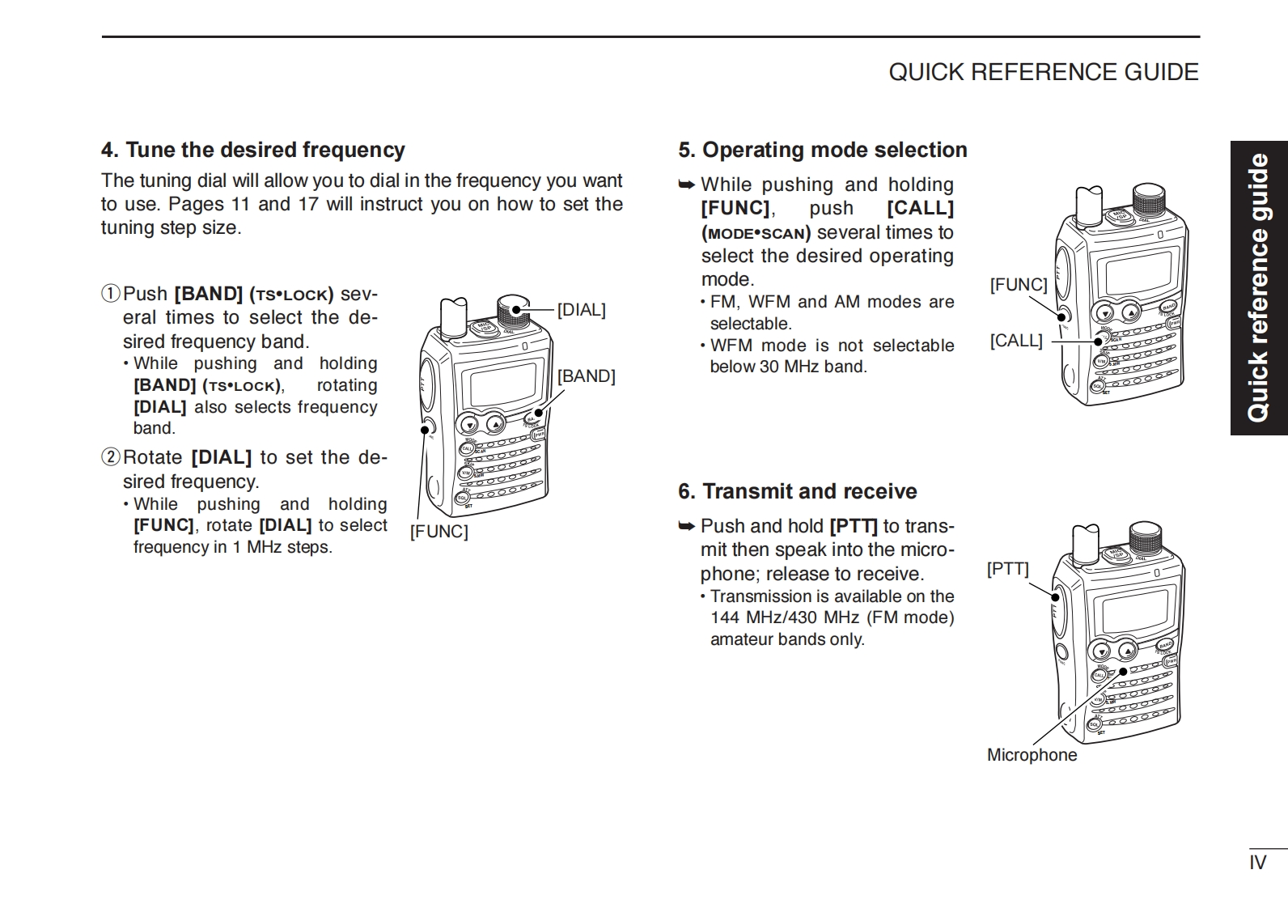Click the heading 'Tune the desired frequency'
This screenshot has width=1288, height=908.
click(252, 150)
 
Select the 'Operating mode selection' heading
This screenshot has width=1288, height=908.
click(823, 150)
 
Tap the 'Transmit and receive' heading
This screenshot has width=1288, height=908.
click(798, 491)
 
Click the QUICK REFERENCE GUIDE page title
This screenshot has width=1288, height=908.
click(1044, 72)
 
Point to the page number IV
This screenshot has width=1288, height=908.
click(1257, 863)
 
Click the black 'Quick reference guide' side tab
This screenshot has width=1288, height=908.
click(1259, 288)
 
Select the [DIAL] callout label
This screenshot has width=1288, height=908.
click(581, 310)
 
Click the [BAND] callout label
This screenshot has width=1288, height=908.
click(586, 376)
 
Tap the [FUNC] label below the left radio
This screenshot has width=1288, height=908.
click(439, 532)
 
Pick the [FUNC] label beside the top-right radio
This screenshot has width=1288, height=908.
click(1018, 285)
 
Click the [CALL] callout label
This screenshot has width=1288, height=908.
click(1016, 341)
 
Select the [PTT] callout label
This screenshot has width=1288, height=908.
click(1007, 569)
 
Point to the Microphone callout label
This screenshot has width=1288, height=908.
click(1032, 755)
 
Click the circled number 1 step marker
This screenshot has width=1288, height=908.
click(110, 294)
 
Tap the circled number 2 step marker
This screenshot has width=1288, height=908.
click(110, 458)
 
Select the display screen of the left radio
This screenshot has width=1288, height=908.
click(502, 384)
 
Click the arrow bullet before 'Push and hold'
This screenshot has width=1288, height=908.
click(686, 526)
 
